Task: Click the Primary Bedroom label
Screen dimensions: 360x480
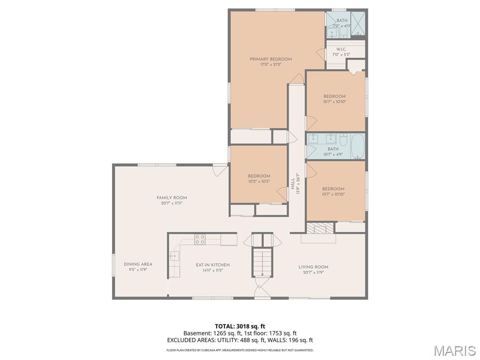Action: (x=270, y=59)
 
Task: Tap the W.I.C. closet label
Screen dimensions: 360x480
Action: (x=341, y=49)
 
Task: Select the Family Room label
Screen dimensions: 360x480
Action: (x=172, y=198)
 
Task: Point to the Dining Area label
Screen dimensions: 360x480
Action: (x=138, y=264)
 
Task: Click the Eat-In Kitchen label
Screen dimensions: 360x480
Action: (x=212, y=265)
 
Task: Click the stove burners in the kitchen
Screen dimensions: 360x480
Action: (x=200, y=239)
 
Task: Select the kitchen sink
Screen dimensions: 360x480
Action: (x=174, y=255)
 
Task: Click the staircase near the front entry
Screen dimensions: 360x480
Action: (x=262, y=262)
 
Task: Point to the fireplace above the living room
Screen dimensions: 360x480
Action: (x=320, y=228)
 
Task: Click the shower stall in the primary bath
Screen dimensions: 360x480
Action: (x=358, y=22)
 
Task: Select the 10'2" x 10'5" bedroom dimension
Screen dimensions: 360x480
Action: (x=259, y=181)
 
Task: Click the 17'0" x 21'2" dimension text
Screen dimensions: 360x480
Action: (x=270, y=65)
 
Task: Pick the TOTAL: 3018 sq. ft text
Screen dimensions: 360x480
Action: (x=240, y=326)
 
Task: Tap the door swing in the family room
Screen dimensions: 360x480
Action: (x=219, y=170)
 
